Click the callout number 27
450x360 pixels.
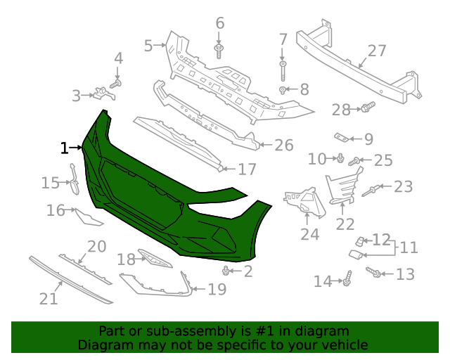[377, 51]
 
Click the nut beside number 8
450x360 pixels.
[283, 90]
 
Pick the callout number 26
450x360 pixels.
[283, 146]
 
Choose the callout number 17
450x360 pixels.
[247, 169]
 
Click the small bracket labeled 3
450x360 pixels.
[104, 94]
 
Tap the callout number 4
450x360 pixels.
[118, 58]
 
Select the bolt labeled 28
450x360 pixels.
[368, 108]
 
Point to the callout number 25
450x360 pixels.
[382, 160]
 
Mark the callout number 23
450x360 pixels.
[403, 186]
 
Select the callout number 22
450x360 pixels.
[345, 224]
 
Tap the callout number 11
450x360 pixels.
[409, 247]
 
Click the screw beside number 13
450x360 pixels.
[376, 272]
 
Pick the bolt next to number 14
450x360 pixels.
[347, 280]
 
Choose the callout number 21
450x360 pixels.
[48, 299]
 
